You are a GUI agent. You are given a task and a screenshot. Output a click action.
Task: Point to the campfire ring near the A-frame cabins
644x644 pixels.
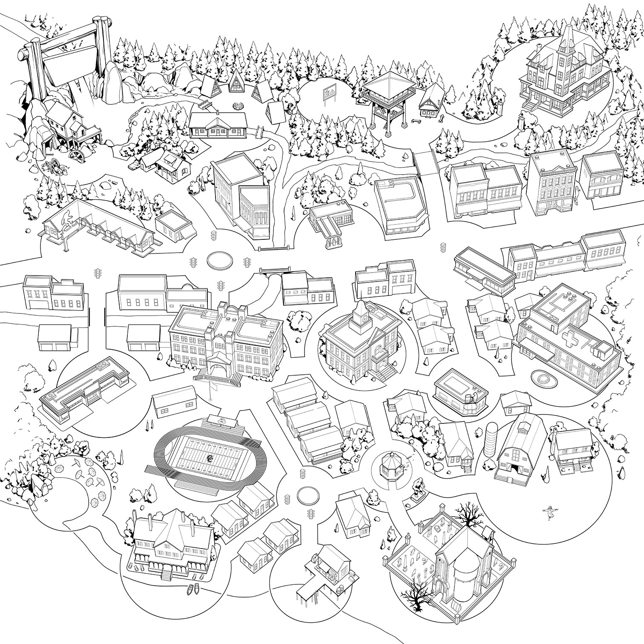tap(237, 104)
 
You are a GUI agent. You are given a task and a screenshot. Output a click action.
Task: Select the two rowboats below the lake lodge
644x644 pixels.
tap(192, 590)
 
